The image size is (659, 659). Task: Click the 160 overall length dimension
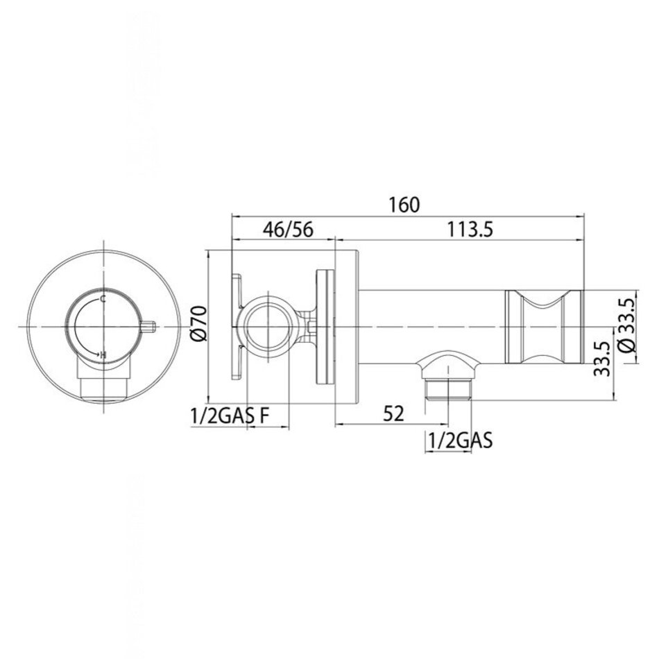pyautogui.click(x=404, y=205)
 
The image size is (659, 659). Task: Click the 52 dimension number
pyautogui.click(x=393, y=413)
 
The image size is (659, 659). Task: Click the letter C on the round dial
pyautogui.click(x=103, y=299)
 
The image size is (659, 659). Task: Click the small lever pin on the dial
pyautogui.click(x=147, y=327)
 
